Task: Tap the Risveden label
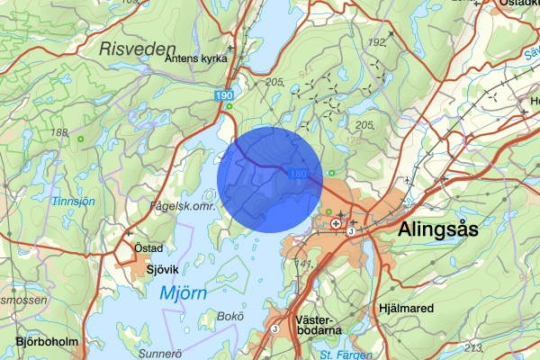(136, 47)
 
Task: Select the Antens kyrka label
(195, 58)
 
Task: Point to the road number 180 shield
(300, 172)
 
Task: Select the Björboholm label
(48, 342)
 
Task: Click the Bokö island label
(231, 316)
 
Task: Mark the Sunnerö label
(162, 354)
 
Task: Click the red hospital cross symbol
(336, 222)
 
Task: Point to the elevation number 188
(60, 133)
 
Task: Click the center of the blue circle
(270, 179)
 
